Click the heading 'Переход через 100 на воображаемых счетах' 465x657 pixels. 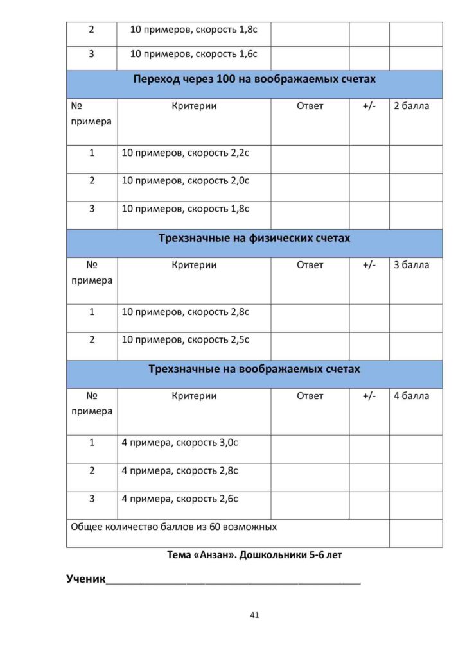pos(254,80)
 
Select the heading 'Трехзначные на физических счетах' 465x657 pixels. pos(254,239)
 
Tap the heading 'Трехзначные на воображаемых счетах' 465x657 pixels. pos(254,370)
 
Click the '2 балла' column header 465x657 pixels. pos(411,106)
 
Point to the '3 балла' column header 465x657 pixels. pos(411,264)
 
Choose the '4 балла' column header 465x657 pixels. pos(411,396)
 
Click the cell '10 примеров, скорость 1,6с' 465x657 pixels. pos(194,55)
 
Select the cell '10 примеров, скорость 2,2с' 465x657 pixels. pos(186,153)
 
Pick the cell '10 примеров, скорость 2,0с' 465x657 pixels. pos(186,181)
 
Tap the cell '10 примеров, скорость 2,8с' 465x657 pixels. pos(186,312)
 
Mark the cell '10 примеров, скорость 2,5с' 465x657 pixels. pos(186,340)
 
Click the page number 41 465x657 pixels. pos(254,615)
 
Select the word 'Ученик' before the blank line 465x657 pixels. pos(85,579)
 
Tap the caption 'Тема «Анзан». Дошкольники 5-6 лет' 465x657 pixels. pos(254,555)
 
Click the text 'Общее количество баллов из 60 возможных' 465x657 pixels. pos(173,527)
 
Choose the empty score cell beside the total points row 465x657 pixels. pos(416,533)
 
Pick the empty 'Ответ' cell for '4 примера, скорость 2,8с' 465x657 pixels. pos(310,477)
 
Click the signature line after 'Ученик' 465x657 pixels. pos(233,583)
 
